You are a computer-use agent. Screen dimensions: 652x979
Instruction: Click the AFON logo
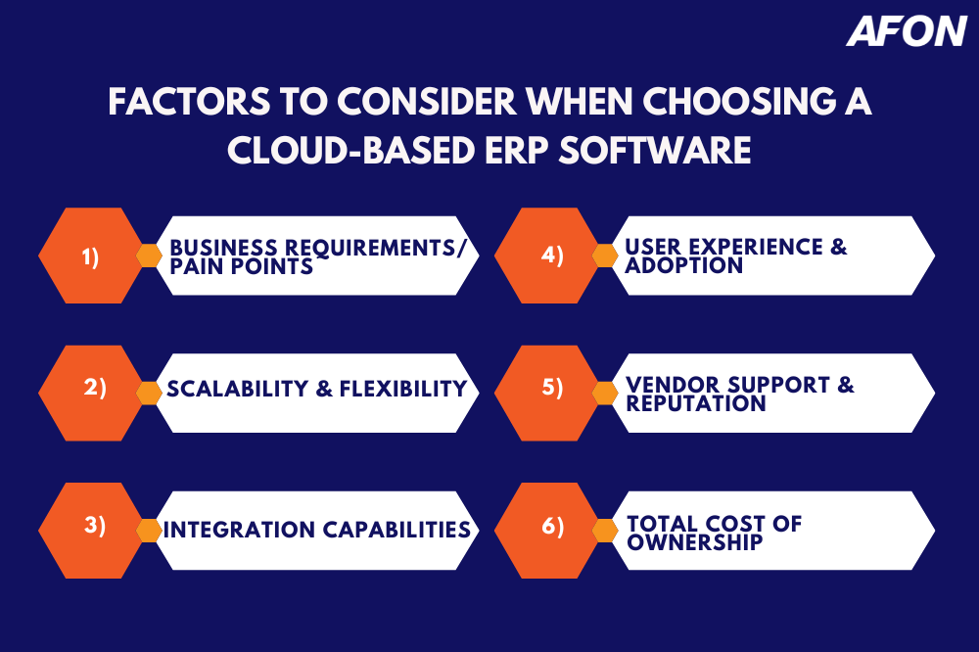coord(907,31)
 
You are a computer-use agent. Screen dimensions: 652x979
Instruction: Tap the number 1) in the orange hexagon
coord(90,256)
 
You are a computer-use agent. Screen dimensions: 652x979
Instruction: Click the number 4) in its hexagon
coord(552,256)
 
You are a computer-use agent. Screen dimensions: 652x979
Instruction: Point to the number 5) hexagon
coord(552,389)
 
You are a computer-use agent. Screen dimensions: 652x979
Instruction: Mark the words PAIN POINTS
coord(242,266)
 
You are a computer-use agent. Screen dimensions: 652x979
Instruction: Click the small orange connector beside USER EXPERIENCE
coord(606,256)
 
